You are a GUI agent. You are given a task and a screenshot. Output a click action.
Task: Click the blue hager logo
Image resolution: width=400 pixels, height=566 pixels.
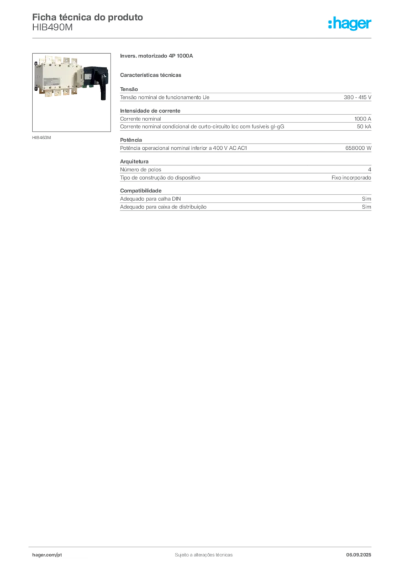point(350,24)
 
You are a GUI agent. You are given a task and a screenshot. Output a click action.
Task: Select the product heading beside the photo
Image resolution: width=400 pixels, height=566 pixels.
point(156,56)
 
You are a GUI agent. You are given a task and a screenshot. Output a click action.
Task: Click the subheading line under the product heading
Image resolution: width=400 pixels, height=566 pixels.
point(152,74)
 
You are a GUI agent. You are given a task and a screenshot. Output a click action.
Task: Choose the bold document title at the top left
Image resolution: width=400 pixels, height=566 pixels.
point(88,17)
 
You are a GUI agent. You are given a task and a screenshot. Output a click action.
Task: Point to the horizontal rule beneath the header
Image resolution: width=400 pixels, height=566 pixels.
point(203,37)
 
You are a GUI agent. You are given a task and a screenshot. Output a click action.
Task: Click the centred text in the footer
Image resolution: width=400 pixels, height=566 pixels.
point(203,552)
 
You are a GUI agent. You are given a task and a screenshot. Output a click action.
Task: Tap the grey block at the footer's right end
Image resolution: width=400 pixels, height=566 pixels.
point(363,552)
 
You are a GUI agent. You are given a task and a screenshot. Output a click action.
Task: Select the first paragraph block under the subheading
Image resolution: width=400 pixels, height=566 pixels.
point(245,97)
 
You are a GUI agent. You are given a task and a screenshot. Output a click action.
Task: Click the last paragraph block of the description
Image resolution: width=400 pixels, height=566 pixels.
point(245,201)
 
